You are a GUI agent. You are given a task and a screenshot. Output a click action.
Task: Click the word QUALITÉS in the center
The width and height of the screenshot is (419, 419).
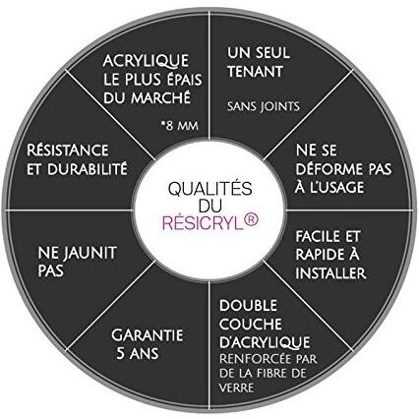[x=210, y=188]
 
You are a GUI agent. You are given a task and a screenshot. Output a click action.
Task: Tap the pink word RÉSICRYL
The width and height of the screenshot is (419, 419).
[x=203, y=223]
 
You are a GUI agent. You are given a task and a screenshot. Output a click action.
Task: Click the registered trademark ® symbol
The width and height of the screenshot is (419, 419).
[x=252, y=220]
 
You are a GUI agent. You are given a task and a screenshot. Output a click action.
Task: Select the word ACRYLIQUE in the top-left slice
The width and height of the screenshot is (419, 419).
[x=146, y=61]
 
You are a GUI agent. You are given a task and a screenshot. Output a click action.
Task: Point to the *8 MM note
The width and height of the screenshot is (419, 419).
[x=180, y=125]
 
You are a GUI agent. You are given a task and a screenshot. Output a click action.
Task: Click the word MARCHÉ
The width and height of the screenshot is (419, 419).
[x=160, y=96]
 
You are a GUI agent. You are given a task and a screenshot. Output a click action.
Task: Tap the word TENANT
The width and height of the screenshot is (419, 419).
[x=255, y=72]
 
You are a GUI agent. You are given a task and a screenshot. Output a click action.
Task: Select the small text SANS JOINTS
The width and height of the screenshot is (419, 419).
[x=264, y=106]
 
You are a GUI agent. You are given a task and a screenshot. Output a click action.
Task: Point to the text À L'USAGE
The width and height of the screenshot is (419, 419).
[x=329, y=187]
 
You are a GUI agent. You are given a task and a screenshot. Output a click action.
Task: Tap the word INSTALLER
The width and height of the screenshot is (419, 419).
[x=330, y=273]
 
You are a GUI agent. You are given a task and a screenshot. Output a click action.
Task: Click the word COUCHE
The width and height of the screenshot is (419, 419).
[x=251, y=325]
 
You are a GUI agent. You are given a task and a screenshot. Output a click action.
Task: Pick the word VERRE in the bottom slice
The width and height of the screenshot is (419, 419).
[x=236, y=388]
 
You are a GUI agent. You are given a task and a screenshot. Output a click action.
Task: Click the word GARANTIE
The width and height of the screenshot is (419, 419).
[x=148, y=335]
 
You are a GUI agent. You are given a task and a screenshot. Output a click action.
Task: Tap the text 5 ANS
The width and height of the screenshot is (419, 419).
[x=138, y=353]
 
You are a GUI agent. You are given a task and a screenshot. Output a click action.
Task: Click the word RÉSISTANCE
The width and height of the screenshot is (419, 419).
[x=68, y=150]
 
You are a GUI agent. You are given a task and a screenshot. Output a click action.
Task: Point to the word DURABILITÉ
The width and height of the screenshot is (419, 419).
[x=88, y=169]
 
